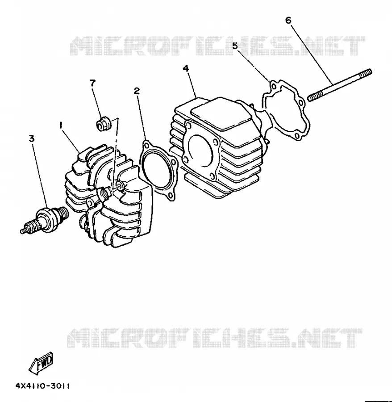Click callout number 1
pyautogui.click(x=61, y=126)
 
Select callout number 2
pyautogui.click(x=137, y=91)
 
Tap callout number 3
pyautogui.click(x=32, y=139)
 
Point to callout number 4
pyautogui.click(x=186, y=68)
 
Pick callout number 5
pyautogui.click(x=235, y=46)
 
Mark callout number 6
pyautogui.click(x=288, y=20)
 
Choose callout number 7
pyautogui.click(x=92, y=83)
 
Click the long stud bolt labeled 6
pyautogui.click(x=339, y=85)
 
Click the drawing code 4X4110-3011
pyautogui.click(x=42, y=386)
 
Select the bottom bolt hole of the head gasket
pyautogui.click(x=170, y=196)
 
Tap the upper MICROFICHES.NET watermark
pyautogui.click(x=217, y=46)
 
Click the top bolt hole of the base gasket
pyautogui.click(x=274, y=86)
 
